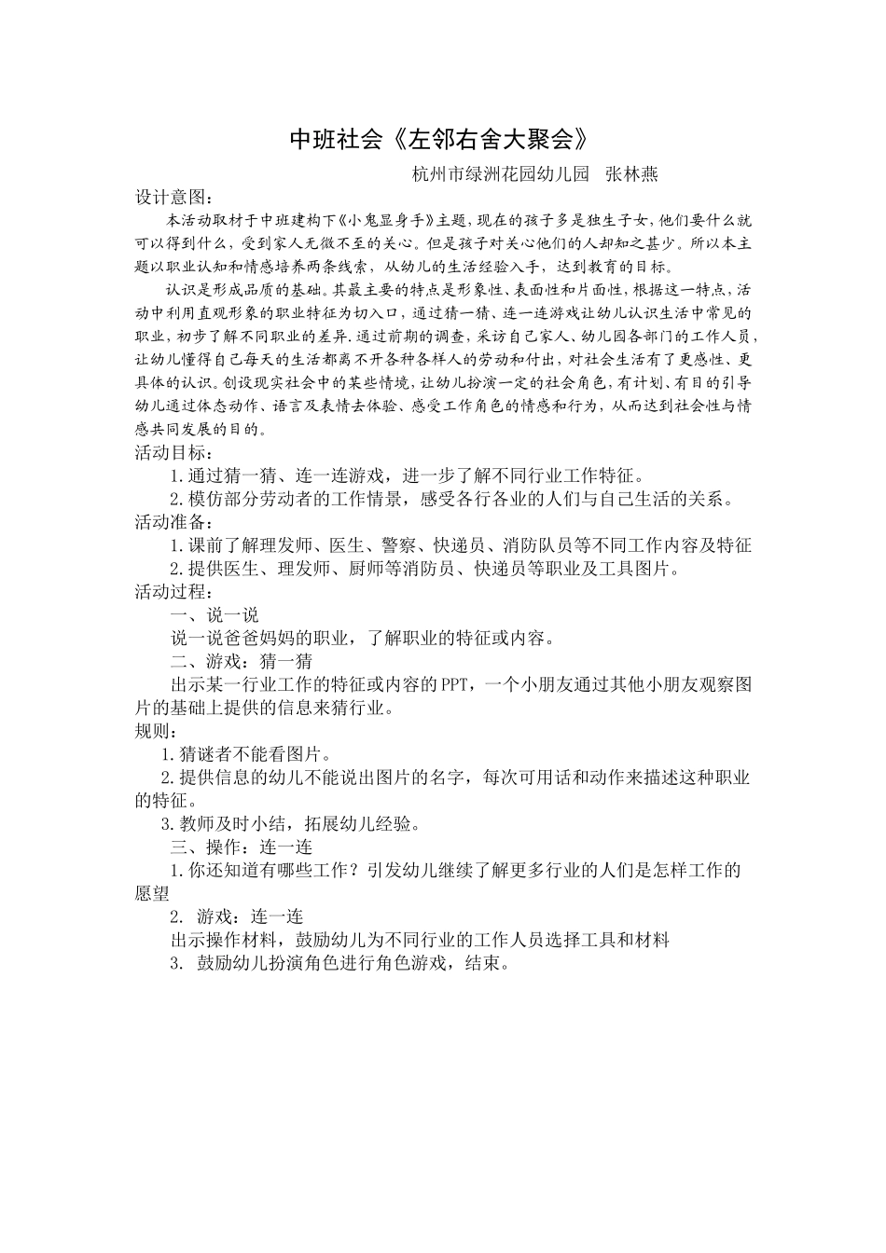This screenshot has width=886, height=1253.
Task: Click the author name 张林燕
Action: coord(631,174)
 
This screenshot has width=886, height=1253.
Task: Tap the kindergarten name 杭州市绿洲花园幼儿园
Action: coord(501,174)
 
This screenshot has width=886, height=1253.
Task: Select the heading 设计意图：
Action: coord(174,198)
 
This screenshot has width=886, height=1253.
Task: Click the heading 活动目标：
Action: coord(174,453)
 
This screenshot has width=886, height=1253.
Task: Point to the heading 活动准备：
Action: coord(174,522)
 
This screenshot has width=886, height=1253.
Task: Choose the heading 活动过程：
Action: coord(174,592)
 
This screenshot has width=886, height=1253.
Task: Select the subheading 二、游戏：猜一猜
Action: coord(241,662)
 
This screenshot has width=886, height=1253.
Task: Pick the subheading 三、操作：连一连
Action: coord(241,847)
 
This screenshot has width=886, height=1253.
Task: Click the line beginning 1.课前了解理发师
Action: coord(460,545)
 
